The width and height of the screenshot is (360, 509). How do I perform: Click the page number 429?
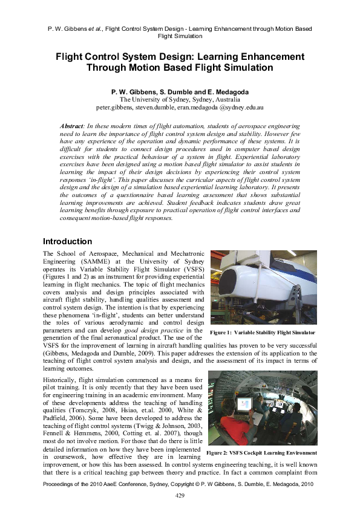[x=180, y=495]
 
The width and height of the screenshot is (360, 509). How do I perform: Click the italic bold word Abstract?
[x=71, y=125]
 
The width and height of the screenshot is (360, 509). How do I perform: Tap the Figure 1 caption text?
[x=262, y=332]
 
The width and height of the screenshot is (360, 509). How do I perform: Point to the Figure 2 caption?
[x=261, y=452]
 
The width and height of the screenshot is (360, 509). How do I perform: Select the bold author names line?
[x=180, y=91]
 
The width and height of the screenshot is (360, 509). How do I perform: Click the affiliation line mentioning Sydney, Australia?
[x=180, y=99]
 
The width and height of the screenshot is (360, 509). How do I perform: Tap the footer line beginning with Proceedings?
[x=180, y=484]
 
